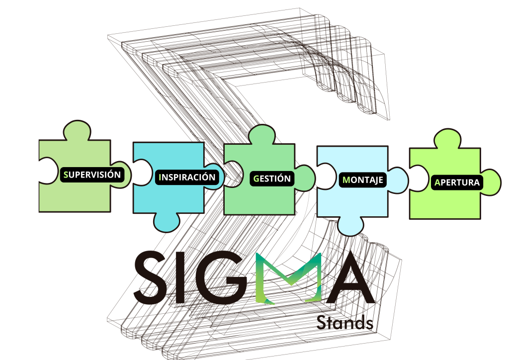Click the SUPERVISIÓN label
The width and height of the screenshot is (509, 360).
tap(92, 175)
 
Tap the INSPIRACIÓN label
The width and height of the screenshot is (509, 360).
tap(187, 177)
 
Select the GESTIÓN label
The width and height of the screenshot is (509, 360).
tap(271, 178)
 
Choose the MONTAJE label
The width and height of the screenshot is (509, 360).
tap(363, 180)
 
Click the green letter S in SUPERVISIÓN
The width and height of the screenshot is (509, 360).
tap(66, 175)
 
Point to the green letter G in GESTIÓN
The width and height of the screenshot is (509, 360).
tap(255, 178)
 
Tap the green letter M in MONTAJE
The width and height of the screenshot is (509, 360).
tap(346, 180)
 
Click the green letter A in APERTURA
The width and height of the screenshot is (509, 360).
tap(437, 182)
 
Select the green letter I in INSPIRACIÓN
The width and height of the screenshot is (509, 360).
tap(160, 177)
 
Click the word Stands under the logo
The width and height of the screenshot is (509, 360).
tap(345, 322)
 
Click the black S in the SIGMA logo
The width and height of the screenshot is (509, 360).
tap(152, 278)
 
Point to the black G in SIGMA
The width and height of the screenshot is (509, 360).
tap(222, 278)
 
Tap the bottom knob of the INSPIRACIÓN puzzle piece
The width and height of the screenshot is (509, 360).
tap(168, 221)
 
